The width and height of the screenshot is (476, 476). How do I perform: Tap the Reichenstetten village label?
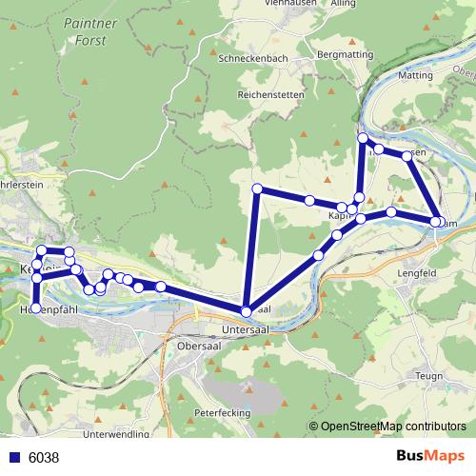(270, 94)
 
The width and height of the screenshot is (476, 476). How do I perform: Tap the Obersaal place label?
(199, 347)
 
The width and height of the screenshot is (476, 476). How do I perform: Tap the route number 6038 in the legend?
(44, 458)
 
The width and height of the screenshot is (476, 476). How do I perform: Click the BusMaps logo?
(430, 456)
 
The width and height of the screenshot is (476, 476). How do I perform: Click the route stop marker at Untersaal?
(247, 311)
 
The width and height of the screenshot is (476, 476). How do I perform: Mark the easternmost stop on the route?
(436, 222)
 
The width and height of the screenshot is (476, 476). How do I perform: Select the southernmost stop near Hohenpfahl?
(36, 308)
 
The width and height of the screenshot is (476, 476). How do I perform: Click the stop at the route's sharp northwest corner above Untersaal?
(257, 188)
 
